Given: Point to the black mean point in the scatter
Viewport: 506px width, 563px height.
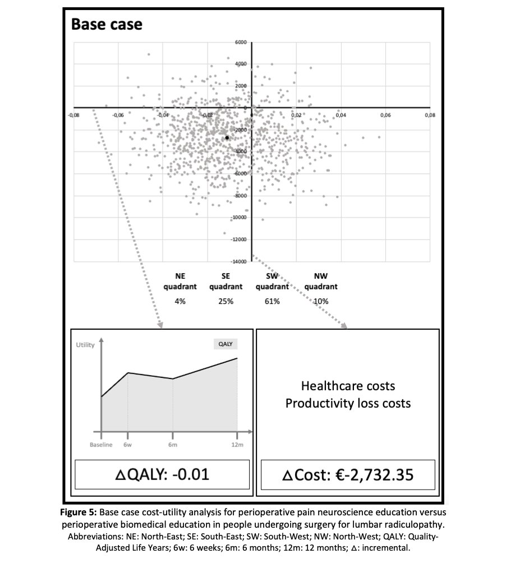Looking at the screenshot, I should click(x=227, y=137).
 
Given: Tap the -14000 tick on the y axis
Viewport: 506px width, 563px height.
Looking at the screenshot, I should click(x=239, y=262).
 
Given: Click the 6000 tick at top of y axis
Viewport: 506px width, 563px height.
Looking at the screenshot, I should click(x=241, y=42).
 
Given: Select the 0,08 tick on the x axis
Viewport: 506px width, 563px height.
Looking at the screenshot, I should click(x=429, y=115).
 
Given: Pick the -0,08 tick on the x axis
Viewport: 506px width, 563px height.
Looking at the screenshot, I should click(x=72, y=115).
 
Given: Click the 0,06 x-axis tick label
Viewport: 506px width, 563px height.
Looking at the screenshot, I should click(x=385, y=115).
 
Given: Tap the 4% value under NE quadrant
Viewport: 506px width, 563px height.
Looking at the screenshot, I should click(x=180, y=301).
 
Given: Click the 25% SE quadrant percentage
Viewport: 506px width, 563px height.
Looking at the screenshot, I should click(x=226, y=301).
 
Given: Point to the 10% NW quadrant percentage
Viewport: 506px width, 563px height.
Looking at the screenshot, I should click(x=321, y=301).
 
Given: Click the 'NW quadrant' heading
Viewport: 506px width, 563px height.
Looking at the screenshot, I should click(x=321, y=281).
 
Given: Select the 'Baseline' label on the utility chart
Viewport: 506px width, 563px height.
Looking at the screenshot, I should click(x=102, y=445).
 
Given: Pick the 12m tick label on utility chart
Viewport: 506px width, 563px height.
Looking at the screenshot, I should click(x=237, y=445).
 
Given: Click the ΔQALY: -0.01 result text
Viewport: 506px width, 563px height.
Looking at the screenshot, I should click(x=161, y=475).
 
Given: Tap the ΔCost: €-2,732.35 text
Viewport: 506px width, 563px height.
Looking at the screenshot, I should click(x=348, y=475).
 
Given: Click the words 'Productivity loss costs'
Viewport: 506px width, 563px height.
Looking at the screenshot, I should click(x=348, y=403).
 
